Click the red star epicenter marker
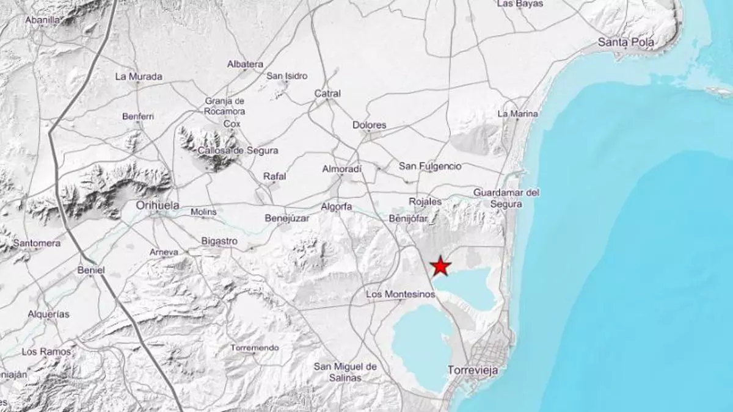tap(440, 266)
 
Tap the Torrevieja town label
tap(473, 370)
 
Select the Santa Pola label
tap(626, 42)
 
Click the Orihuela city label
tap(157, 206)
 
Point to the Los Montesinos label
tap(400, 294)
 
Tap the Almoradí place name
tap(342, 168)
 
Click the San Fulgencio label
tap(430, 166)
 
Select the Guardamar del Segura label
tap(506, 198)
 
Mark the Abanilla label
tap(42, 20)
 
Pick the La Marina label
tap(517, 114)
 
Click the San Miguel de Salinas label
tap(345, 372)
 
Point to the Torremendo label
tap(255, 348)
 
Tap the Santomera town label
tap(37, 243)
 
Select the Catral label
tap(327, 93)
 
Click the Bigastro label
tap(219, 241)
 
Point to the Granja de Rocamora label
tap(225, 106)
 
